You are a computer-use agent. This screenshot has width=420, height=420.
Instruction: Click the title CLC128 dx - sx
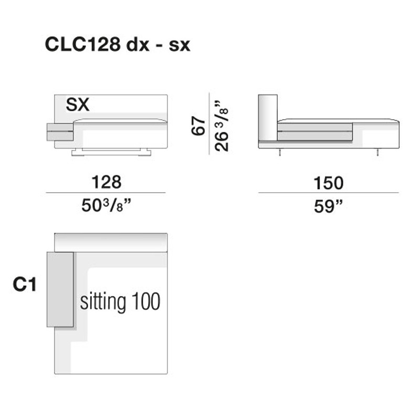[x=118, y=45]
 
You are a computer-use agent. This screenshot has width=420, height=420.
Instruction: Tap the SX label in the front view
[x=78, y=104]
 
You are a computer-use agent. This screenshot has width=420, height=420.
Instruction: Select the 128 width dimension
[x=107, y=182]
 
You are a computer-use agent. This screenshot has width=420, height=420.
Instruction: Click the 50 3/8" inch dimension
[x=107, y=205]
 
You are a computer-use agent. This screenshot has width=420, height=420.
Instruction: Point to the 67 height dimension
[x=198, y=125]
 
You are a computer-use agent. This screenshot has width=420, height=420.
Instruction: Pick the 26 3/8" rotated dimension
[x=221, y=126]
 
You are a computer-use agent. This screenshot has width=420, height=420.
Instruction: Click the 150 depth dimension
[x=329, y=183]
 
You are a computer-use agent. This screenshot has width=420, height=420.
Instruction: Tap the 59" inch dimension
[x=329, y=206]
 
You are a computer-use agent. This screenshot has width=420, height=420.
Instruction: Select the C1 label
[x=24, y=284]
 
